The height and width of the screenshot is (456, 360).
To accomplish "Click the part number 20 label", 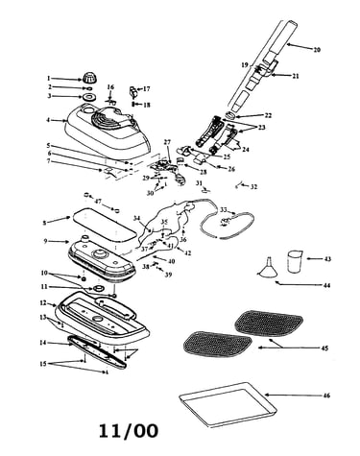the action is tap(317, 50).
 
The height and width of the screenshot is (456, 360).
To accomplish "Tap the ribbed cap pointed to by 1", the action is tap(86, 78).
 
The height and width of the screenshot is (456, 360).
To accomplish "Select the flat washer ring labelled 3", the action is tap(87, 97).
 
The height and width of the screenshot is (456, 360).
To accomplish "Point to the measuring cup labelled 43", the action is tap(294, 262).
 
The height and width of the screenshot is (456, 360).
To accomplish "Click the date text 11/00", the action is tap(129, 430).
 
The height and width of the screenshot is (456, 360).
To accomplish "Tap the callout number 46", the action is tap(326, 396).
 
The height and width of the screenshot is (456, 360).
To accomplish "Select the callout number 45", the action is tap(324, 348).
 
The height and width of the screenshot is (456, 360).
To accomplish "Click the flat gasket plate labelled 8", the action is tap(103, 225).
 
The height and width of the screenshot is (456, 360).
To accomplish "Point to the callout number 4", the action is tap(48, 120).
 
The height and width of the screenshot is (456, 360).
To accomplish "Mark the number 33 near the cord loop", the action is tap(224, 210).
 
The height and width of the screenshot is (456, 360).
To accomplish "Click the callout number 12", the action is tap(43, 302).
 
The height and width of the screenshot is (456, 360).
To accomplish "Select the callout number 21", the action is tap(295, 76).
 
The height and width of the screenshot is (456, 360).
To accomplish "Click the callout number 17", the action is tap(146, 89).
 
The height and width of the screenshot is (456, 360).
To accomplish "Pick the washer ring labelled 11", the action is tap(99, 288).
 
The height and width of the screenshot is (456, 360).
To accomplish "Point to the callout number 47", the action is tap(98, 201).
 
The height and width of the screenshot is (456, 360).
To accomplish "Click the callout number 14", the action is tap(43, 343).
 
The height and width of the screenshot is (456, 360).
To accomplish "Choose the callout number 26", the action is tap(231, 169).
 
